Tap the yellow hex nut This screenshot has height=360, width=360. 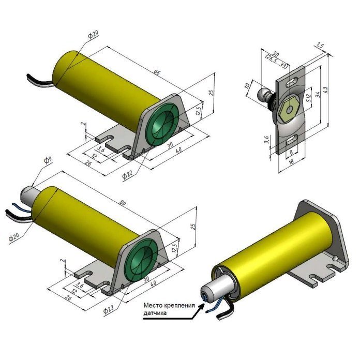289,108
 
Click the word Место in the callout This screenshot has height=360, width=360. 153,306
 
